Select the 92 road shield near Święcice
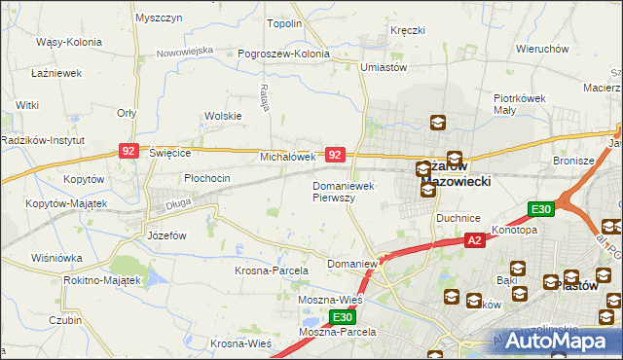pos(128,151)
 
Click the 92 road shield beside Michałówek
pos(335,155)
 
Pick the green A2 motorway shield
pos(474,240)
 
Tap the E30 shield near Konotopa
pos(542,209)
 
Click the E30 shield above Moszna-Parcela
pos(341,317)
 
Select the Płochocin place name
pos(207,178)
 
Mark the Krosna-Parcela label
pos(272,270)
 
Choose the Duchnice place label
pos(455,219)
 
